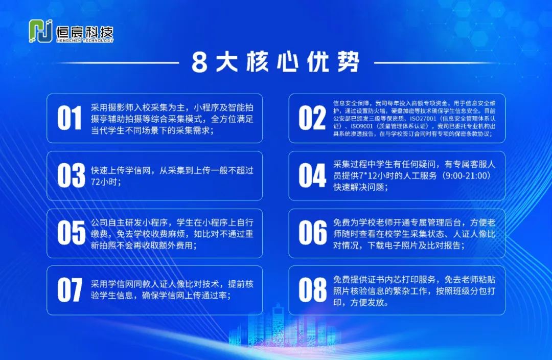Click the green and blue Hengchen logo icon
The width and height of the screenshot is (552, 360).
pos(40,31)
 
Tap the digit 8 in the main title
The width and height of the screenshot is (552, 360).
pos(199,63)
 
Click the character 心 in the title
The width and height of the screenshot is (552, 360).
pos(288,62)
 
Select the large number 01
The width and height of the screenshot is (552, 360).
pos(70,118)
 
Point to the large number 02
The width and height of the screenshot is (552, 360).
pos(312,118)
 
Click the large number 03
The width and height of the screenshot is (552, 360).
pos(71,175)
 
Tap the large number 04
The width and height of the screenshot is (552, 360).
pos(312,175)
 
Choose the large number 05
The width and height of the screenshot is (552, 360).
pos(71,233)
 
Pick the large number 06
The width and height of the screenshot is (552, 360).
pos(313,233)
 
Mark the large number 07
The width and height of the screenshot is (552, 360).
pos(70,290)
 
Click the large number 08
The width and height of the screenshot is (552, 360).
pos(313,290)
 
